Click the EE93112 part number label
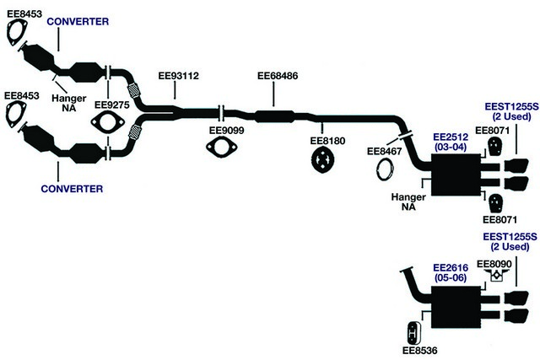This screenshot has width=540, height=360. (178, 76)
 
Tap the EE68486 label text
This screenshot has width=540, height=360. (278, 76)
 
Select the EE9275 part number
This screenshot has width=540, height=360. (112, 105)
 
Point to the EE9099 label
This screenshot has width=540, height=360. (227, 131)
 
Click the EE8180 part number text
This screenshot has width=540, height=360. (327, 141)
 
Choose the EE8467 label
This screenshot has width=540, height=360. (385, 151)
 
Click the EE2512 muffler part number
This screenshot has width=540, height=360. (451, 137)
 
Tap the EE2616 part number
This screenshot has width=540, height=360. (451, 268)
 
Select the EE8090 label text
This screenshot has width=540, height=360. (494, 265)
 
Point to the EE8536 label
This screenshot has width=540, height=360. (420, 351)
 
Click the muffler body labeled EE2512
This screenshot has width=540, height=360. (456, 175)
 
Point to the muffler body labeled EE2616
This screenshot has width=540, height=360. (456, 307)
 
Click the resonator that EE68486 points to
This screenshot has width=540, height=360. (274, 116)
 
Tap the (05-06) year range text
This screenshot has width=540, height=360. (451, 277)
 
